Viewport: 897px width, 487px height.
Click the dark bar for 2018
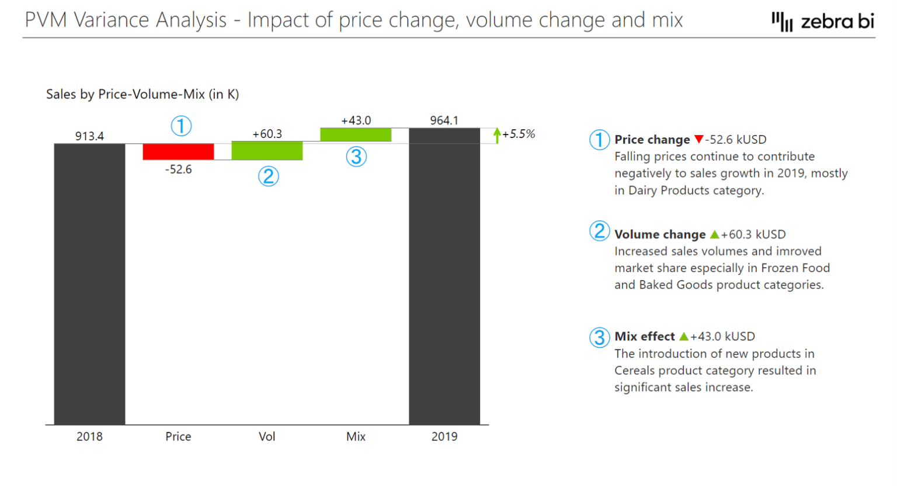coord(89,284)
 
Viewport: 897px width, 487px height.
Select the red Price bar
coord(178,151)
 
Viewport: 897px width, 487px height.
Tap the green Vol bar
coord(267,150)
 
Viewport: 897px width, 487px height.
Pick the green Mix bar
coord(356,134)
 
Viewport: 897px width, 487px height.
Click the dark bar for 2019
coord(444,276)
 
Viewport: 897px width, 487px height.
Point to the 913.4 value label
coord(89,136)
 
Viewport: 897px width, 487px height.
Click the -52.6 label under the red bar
coord(178,170)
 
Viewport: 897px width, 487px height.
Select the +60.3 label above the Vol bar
coord(267,134)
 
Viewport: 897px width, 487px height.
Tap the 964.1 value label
coord(444,120)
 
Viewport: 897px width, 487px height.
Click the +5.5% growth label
coord(519,134)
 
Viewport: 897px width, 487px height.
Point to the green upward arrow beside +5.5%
coord(497,135)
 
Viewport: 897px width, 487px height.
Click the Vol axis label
coord(267,437)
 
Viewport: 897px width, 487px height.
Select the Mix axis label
coord(356,437)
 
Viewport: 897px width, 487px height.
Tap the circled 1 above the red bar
coord(181,126)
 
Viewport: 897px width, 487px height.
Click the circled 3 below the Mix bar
coord(356,157)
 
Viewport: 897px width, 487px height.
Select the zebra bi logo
coord(823,22)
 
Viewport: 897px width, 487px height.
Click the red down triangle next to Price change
coord(698,140)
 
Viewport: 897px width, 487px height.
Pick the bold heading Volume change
coord(660,234)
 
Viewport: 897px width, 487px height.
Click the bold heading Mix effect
coord(645,337)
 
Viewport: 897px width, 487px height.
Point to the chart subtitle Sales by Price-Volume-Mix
coord(142,94)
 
